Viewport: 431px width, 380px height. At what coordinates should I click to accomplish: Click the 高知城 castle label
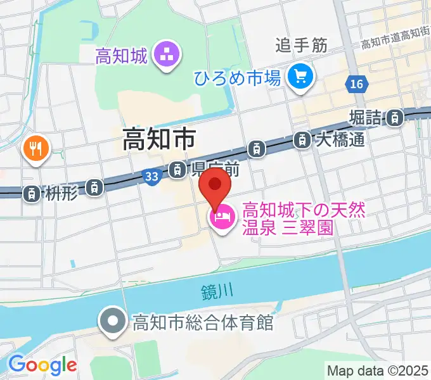(x=121, y=56)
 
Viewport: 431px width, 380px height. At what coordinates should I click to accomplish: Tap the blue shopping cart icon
(x=299, y=77)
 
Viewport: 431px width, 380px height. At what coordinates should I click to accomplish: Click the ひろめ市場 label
(x=238, y=79)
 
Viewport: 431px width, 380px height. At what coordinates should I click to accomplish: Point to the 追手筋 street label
(x=301, y=45)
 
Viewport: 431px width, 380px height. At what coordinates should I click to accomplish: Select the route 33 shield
(x=151, y=178)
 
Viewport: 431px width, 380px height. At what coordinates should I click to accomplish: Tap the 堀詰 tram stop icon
(x=396, y=117)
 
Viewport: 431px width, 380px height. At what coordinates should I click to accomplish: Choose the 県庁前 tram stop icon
(x=177, y=169)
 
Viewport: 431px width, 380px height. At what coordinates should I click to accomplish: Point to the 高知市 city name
(x=158, y=139)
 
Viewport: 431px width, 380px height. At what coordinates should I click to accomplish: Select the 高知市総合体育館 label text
(x=202, y=323)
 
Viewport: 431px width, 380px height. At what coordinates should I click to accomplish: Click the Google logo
(x=42, y=364)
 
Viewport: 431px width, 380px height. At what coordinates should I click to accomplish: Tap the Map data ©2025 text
(x=378, y=370)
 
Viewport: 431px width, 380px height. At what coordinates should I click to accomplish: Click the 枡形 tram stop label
(x=62, y=194)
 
